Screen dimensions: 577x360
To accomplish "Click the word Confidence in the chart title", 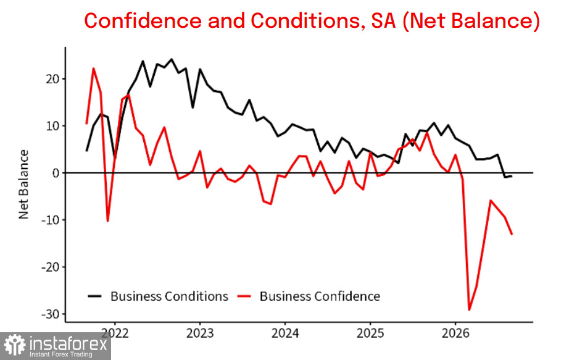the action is (143, 20).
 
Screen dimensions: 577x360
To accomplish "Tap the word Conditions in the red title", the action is (305, 20).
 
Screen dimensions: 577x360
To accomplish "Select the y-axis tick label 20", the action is (52, 79).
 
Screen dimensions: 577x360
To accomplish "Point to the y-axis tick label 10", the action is (52, 126).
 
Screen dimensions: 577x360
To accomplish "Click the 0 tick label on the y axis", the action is (56, 173).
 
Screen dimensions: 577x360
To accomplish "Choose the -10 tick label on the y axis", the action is (50, 220).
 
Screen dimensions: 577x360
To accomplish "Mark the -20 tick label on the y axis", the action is (50, 267).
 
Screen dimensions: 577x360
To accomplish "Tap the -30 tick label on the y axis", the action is (50, 314).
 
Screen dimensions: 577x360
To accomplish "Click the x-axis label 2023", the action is (200, 333).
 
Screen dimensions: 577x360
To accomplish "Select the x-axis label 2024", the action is (285, 333).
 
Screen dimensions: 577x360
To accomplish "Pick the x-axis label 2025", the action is (370, 333).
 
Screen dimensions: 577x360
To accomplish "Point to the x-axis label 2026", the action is (455, 333).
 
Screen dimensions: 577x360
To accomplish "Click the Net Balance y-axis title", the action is (23, 185).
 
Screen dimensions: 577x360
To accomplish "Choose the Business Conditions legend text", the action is (169, 296).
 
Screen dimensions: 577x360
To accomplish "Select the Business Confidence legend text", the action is (320, 296).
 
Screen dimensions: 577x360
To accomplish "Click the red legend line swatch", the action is (244, 296).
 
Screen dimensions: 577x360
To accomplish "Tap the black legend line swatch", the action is (94, 296).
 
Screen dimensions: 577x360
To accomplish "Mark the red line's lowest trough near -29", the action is (469, 310).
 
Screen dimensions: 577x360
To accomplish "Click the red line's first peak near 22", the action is (93, 69).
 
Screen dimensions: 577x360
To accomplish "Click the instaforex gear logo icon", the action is (15, 345).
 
